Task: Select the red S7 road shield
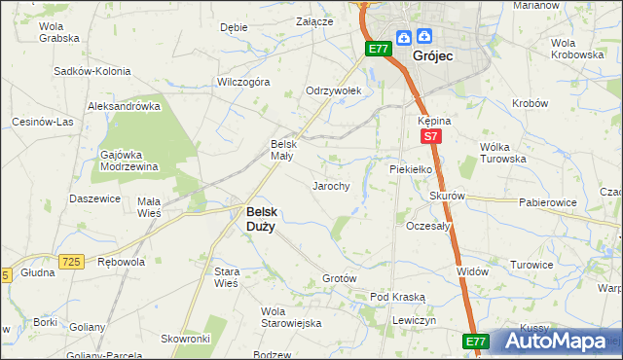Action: [x=430, y=139]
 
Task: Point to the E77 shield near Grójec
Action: [x=379, y=48]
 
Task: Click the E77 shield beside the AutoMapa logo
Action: [x=475, y=342]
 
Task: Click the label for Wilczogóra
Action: [x=243, y=83]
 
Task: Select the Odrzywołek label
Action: [x=334, y=90]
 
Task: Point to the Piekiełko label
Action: [x=410, y=167]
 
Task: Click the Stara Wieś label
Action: [x=226, y=276]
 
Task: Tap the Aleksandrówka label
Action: [x=124, y=106]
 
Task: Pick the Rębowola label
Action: [x=122, y=262]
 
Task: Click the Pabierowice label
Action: [x=548, y=203]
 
